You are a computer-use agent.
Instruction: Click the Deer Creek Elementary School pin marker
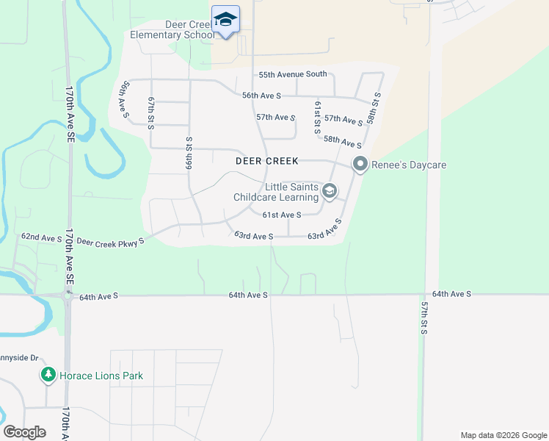225,21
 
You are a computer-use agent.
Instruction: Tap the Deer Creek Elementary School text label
172,29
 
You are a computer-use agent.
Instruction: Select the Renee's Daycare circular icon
360,165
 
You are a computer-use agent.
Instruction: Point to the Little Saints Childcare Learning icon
330,192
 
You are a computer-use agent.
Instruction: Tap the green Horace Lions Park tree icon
48,376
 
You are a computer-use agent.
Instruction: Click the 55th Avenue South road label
293,74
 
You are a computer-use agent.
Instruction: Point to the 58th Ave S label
342,142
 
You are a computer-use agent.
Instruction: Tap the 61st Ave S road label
283,215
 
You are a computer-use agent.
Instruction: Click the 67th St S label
151,112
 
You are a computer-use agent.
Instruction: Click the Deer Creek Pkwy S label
111,241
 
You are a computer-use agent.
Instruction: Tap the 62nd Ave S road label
41,238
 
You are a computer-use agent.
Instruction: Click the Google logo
25,432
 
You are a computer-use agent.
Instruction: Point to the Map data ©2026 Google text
503,435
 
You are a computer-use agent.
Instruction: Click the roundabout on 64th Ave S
67,295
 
